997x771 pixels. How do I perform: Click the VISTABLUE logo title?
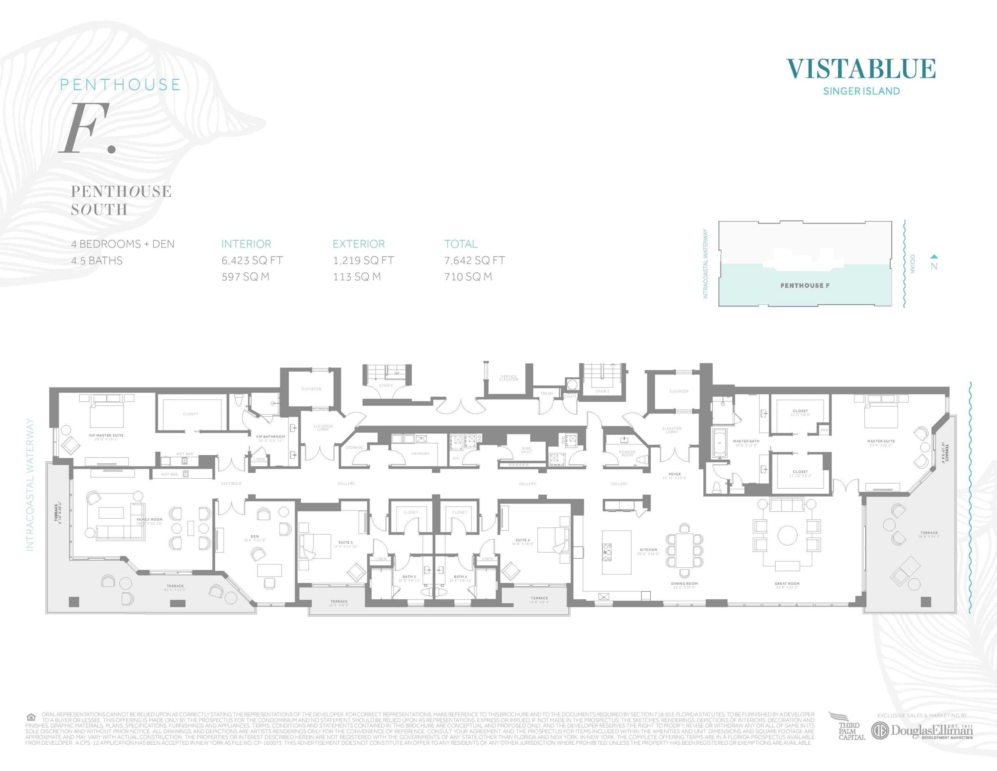coord(861,69)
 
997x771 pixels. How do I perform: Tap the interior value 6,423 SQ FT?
coord(252,260)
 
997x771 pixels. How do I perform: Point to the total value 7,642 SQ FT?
coord(475,260)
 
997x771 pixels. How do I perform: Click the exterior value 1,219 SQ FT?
coord(363,260)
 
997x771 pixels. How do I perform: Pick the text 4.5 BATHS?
coord(97,261)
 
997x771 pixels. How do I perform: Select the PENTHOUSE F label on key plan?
coord(805,285)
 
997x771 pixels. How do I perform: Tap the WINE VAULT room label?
coord(526,450)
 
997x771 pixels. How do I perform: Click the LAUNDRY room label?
coord(420,454)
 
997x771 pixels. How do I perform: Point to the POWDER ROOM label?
coord(627,454)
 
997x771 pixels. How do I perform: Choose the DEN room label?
coord(255,537)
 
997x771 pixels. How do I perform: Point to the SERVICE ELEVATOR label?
coord(508,378)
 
